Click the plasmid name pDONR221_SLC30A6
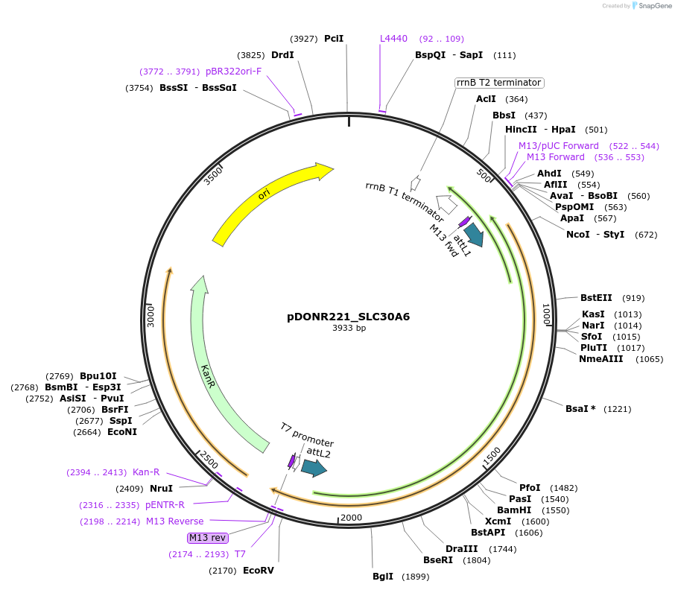click(348, 316)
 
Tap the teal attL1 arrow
click(473, 234)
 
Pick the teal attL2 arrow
click(314, 468)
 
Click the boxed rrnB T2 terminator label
click(498, 83)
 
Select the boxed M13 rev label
click(208, 537)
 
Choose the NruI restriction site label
click(161, 489)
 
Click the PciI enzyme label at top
click(334, 38)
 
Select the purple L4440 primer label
click(393, 38)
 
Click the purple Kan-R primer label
click(146, 472)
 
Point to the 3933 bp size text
click(349, 328)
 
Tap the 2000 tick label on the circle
click(350, 518)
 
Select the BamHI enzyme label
click(514, 510)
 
